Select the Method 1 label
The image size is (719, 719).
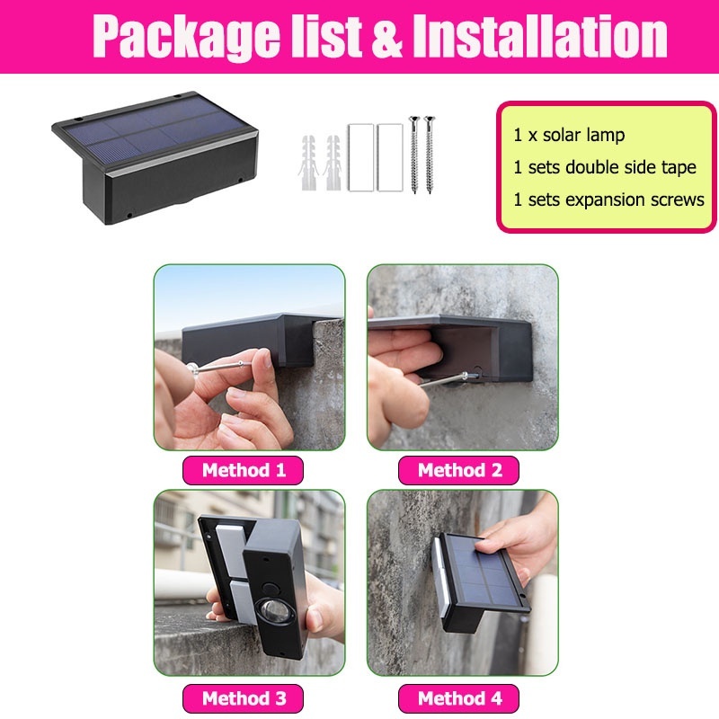click(243, 470)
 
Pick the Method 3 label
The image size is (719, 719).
click(243, 698)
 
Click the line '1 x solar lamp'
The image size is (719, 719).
click(569, 136)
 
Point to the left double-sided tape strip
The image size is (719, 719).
click(359, 158)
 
